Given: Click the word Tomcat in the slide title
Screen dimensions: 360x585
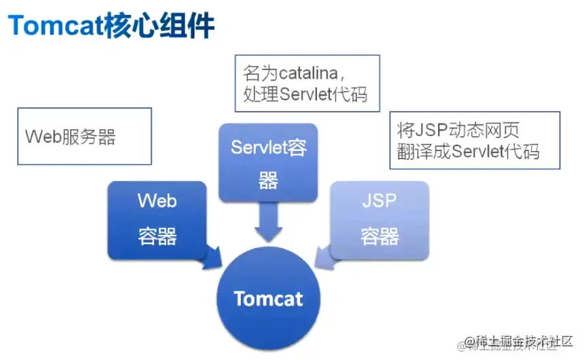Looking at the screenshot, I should (x=55, y=27).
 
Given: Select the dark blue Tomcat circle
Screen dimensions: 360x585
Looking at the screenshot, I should (x=269, y=298).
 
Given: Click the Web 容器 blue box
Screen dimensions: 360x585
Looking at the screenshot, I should (x=157, y=219).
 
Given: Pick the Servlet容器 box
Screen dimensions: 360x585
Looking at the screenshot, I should (x=268, y=163).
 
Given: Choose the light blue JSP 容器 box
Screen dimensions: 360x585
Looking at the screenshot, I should (x=380, y=219).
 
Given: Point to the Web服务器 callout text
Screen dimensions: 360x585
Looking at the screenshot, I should (x=71, y=137).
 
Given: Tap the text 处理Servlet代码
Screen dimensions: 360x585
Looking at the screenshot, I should (x=305, y=94).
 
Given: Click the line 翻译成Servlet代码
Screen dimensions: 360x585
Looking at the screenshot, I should (x=469, y=151).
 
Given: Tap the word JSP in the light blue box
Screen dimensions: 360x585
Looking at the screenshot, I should (x=380, y=201).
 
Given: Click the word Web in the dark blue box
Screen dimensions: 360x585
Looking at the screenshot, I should (x=157, y=201).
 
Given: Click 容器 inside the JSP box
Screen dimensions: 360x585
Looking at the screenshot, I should (x=380, y=236).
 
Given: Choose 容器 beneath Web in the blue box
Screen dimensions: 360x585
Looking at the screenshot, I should (x=157, y=236).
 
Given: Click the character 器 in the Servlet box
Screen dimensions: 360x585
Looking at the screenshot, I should (x=268, y=180).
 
